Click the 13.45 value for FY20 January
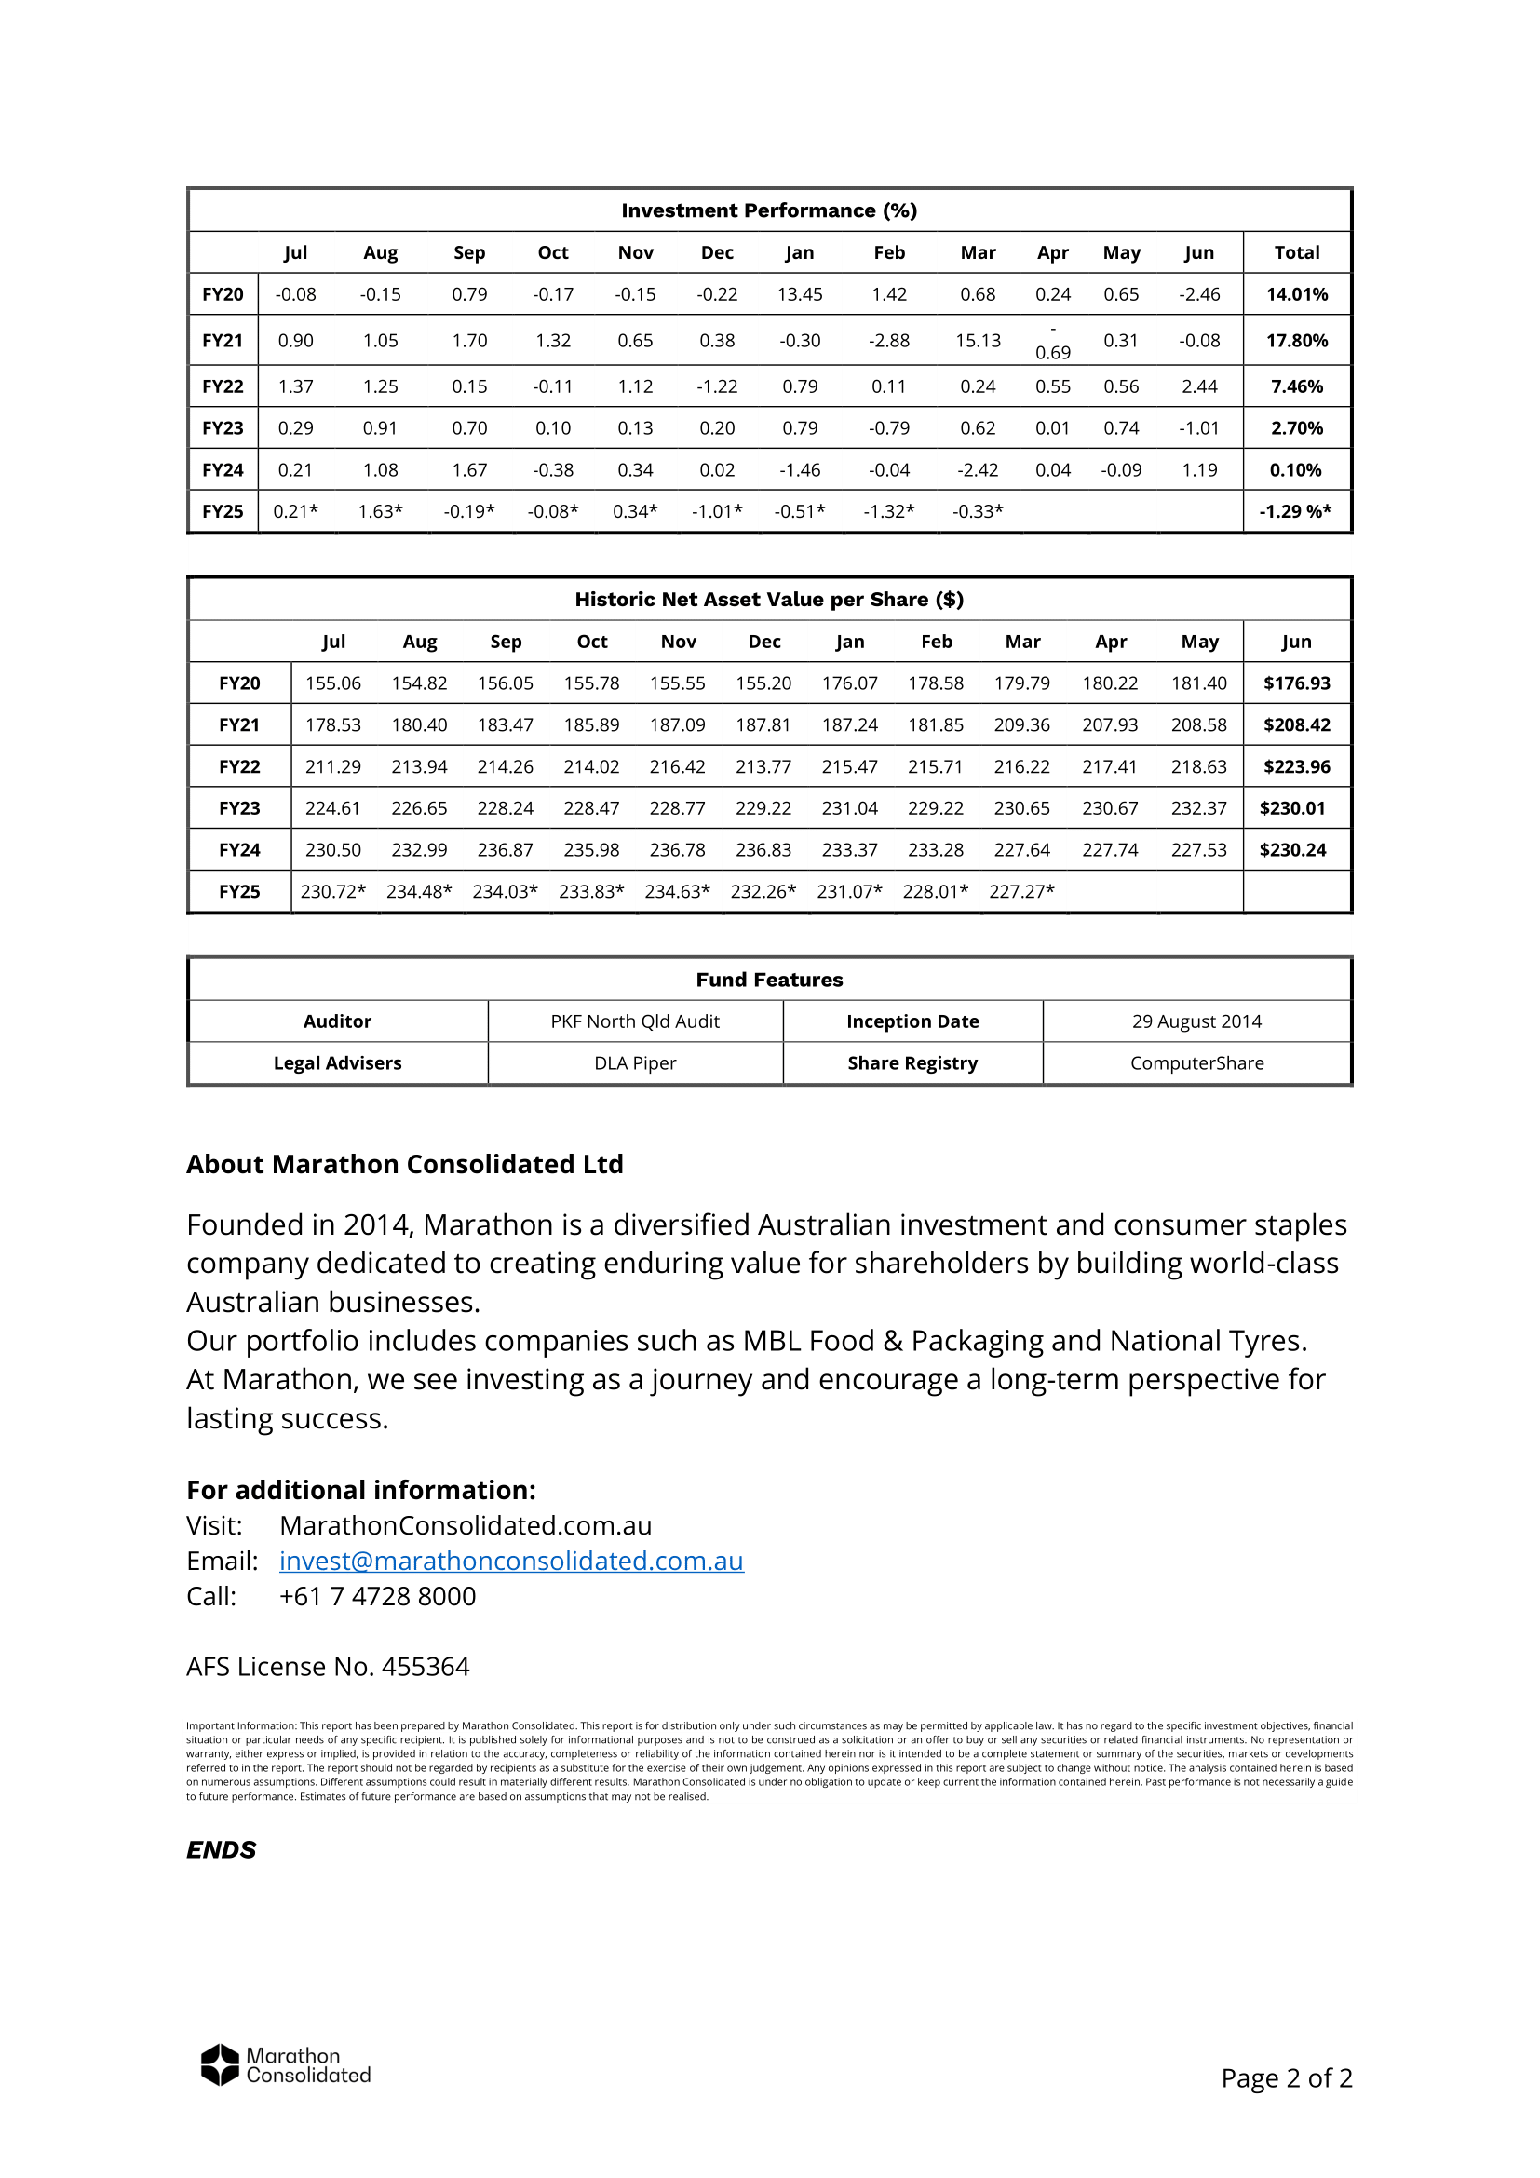(800, 294)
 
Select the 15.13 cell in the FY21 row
(978, 341)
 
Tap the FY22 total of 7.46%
(1296, 386)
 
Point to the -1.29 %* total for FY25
(1295, 511)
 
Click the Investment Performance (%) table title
(769, 210)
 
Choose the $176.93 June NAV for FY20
(1296, 683)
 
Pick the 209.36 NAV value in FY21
(1022, 724)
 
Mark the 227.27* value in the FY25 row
(1022, 892)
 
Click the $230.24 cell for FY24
(1292, 850)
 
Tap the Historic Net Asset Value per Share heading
(769, 600)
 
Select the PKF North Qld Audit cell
(635, 1021)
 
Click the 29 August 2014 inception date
(1196, 1021)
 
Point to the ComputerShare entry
(1196, 1063)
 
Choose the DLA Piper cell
(635, 1063)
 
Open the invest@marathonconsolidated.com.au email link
(511, 1561)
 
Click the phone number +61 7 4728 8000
(377, 1597)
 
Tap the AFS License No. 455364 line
(327, 1667)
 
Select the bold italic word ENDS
(221, 1850)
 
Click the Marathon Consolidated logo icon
(220, 2064)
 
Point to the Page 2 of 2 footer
(1286, 2078)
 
